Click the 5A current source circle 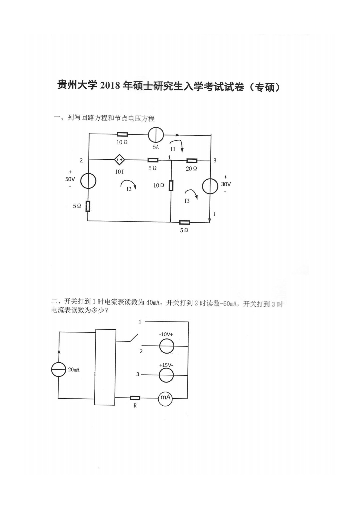[156, 135]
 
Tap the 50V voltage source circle [88, 181]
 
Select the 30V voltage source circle [210, 186]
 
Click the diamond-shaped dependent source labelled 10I [119, 159]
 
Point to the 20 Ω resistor [192, 161]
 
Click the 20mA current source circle [59, 370]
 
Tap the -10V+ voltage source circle [166, 346]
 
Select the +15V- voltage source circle [166, 375]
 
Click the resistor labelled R [135, 398]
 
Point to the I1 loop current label [173, 149]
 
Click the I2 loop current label [129, 189]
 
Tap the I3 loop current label [187, 201]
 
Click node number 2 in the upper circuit [81, 161]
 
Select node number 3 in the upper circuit [215, 161]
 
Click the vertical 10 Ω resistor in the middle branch [171, 185]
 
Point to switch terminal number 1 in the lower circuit [140, 321]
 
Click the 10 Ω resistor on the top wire [123, 135]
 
